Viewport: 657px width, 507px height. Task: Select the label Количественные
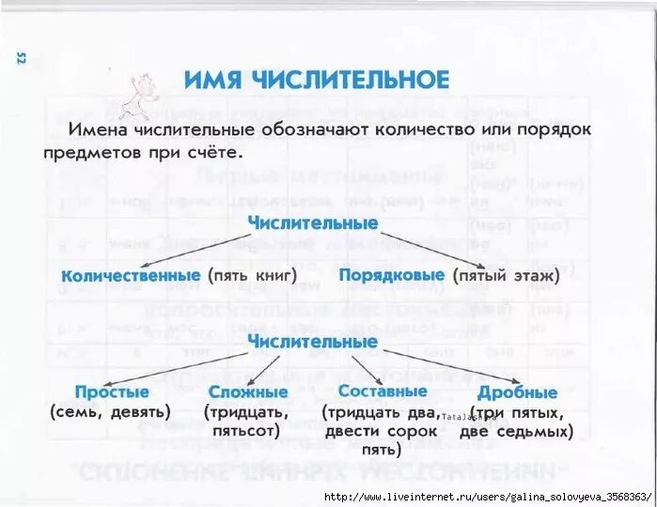tap(131, 276)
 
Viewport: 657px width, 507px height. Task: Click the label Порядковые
tap(391, 276)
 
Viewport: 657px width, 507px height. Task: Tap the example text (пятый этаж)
tap(506, 276)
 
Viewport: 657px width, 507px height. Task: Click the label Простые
tap(112, 392)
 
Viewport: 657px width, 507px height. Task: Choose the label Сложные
tap(248, 392)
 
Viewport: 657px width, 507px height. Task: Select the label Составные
tap(383, 391)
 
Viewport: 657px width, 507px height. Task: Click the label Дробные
tap(517, 392)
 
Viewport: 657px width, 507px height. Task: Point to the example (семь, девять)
tap(110, 412)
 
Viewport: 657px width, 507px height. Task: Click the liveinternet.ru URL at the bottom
tap(487, 496)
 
